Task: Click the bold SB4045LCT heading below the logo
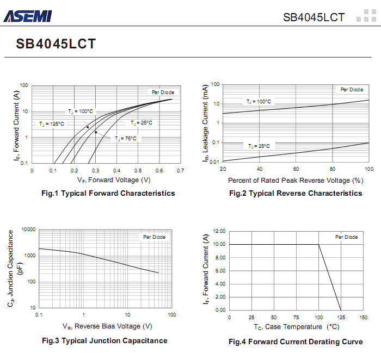point(56,44)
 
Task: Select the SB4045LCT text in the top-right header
point(314,17)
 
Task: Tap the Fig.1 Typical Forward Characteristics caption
point(108,193)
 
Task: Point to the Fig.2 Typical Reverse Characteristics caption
point(296,193)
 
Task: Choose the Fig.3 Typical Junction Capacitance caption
point(105,340)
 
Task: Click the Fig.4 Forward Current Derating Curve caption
point(296,342)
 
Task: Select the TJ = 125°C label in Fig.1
point(51,124)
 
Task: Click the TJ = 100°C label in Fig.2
point(259,102)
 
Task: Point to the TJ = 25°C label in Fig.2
point(259,146)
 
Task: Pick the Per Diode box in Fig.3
point(155,237)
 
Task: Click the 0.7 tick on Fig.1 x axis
point(180,170)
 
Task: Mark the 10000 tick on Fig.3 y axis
point(28,229)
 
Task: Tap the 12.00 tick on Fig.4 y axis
point(219,231)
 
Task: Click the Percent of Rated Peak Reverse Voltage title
point(295,180)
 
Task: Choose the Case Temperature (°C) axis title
point(296,327)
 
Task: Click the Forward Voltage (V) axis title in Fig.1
point(114,180)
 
